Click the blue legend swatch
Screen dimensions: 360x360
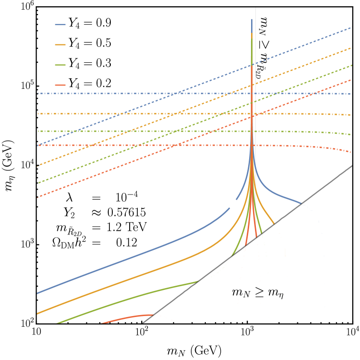click(60, 25)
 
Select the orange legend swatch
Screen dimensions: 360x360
click(60, 45)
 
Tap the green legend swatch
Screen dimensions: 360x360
click(60, 65)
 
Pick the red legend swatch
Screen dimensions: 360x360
click(60, 85)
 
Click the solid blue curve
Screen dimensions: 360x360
click(120, 262)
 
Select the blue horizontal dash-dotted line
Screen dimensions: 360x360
click(96, 94)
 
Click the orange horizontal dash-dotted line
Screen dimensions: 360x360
click(96, 114)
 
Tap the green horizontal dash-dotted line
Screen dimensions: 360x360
click(96, 131)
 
